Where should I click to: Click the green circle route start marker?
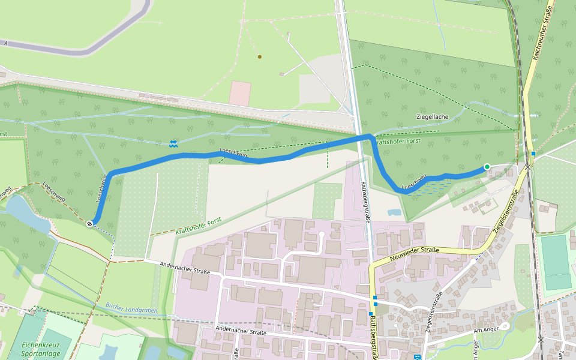point(487,167)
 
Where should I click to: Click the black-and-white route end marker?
point(89,224)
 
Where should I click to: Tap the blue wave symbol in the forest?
point(173,143)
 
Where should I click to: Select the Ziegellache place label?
point(432,117)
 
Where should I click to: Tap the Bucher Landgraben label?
point(131,308)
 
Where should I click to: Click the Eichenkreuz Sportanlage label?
point(38,349)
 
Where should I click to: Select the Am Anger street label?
point(486,330)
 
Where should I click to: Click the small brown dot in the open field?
point(259,57)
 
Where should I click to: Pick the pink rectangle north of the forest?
point(240,93)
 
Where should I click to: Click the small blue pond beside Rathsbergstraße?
point(394,212)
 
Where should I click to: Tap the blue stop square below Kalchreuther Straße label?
point(533,154)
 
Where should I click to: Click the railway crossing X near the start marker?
point(527,167)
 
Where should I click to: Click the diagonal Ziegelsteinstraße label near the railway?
point(506,211)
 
